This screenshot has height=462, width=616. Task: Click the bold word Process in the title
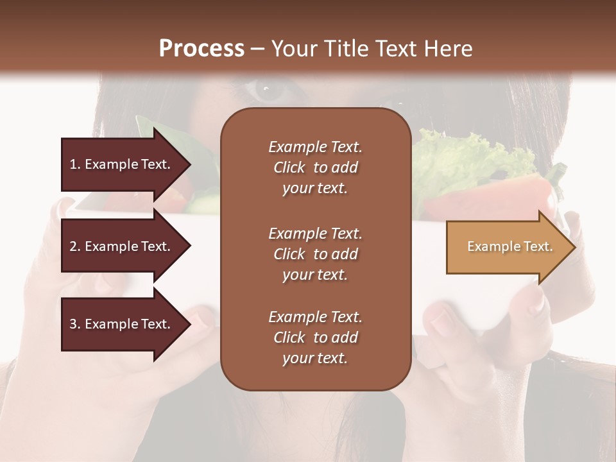[x=201, y=49]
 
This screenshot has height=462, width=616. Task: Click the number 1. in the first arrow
[x=75, y=164]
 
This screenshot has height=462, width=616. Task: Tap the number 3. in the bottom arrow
[x=75, y=325]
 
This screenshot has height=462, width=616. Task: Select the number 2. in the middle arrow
[x=75, y=246]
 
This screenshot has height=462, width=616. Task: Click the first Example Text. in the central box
[x=315, y=147]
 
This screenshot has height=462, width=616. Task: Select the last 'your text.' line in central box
[x=315, y=358]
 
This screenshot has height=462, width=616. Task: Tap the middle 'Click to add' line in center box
[x=315, y=254]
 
